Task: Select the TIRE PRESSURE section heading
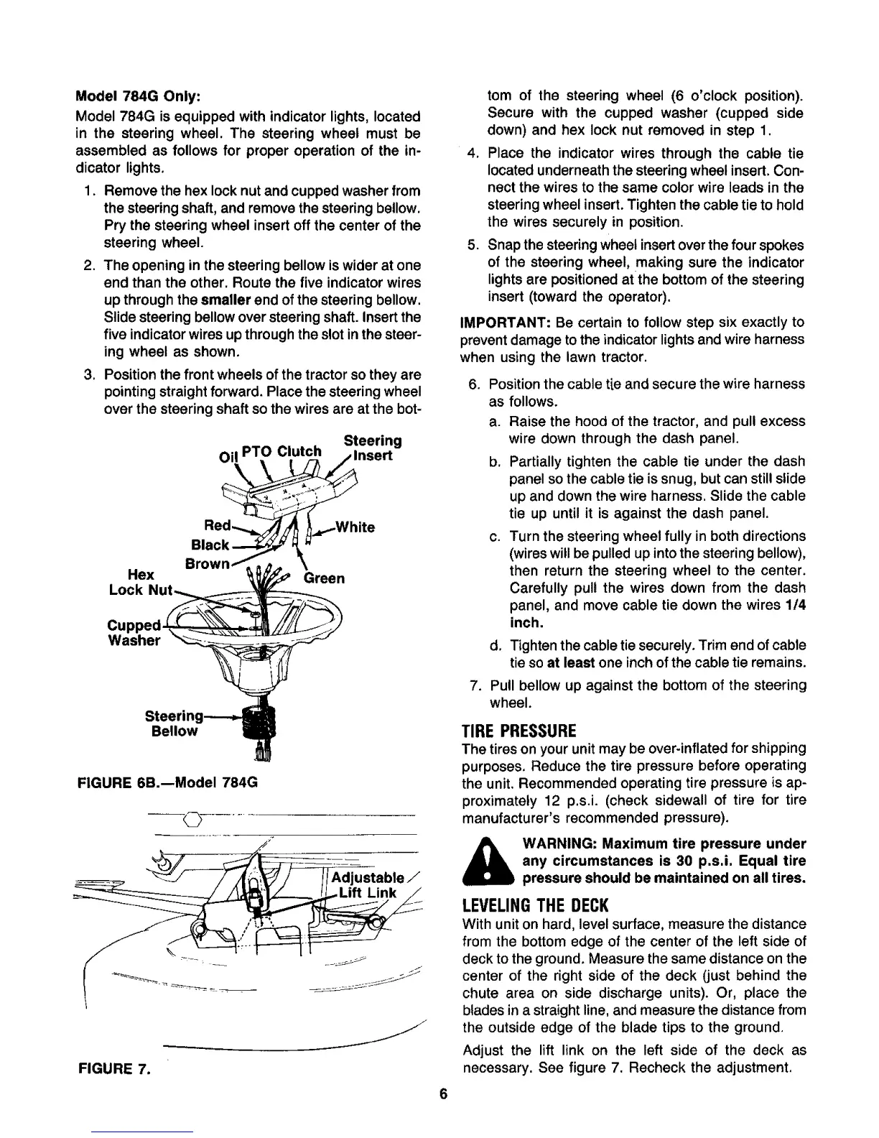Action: [x=518, y=731]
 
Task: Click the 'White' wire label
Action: [x=351, y=527]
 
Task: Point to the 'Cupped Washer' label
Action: [x=134, y=632]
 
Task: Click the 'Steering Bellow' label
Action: [x=173, y=723]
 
